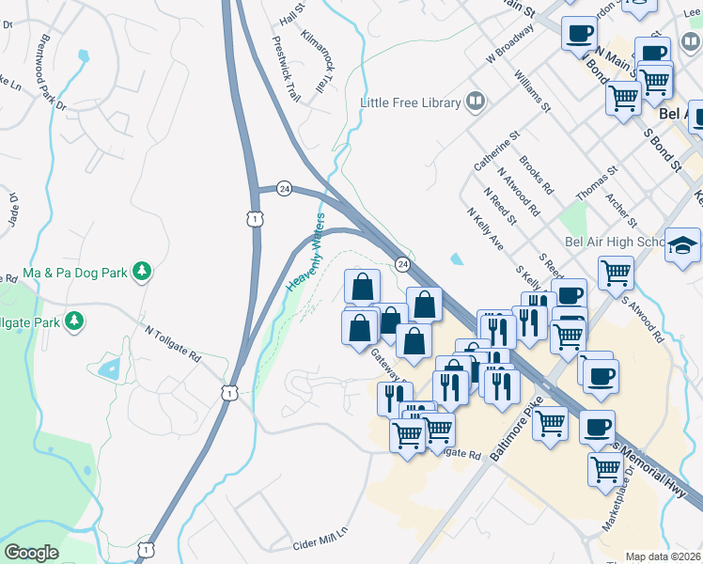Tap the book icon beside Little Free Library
click(476, 102)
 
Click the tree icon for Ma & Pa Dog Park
click(142, 272)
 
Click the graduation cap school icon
click(683, 247)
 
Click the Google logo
click(31, 554)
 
